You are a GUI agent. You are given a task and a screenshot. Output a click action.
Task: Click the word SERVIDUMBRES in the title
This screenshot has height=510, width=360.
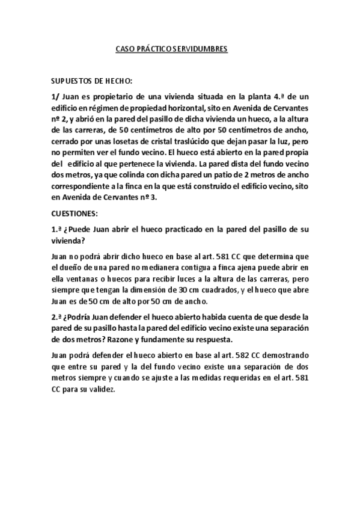203,51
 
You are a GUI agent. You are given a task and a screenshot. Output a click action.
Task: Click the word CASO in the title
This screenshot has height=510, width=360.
124,51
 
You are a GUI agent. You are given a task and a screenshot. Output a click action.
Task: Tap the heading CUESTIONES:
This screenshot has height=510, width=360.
76,213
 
